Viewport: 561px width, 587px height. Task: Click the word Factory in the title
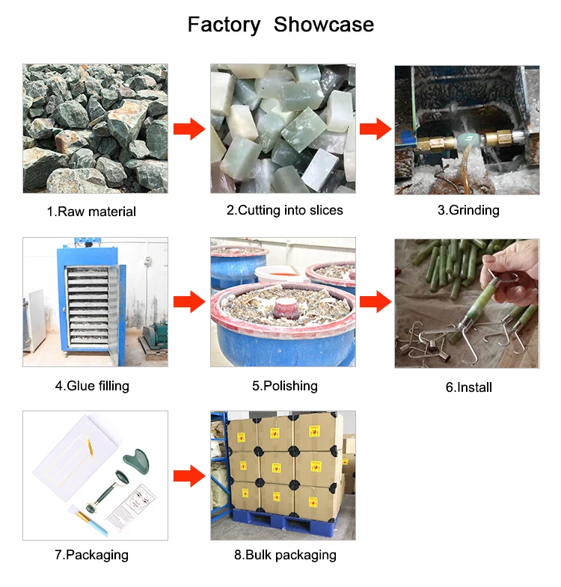(x=224, y=25)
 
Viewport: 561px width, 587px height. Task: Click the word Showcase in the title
(x=324, y=25)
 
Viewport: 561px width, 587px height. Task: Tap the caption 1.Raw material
(x=91, y=212)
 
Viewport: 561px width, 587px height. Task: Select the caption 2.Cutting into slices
(x=285, y=210)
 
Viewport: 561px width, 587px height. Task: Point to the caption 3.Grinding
(x=468, y=210)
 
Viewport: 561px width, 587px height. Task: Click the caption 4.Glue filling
(x=92, y=386)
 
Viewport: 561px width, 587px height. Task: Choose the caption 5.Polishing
(x=285, y=386)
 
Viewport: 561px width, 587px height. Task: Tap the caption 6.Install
(x=468, y=387)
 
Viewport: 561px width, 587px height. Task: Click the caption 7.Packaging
(x=91, y=555)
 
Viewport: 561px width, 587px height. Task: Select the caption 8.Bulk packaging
(x=285, y=555)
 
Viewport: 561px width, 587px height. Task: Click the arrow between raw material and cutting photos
(x=189, y=129)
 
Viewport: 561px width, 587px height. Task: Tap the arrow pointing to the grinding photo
(x=375, y=129)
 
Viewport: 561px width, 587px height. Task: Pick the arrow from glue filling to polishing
(x=189, y=302)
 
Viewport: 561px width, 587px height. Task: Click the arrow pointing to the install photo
(x=375, y=302)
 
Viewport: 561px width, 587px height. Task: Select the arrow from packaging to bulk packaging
(x=189, y=476)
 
